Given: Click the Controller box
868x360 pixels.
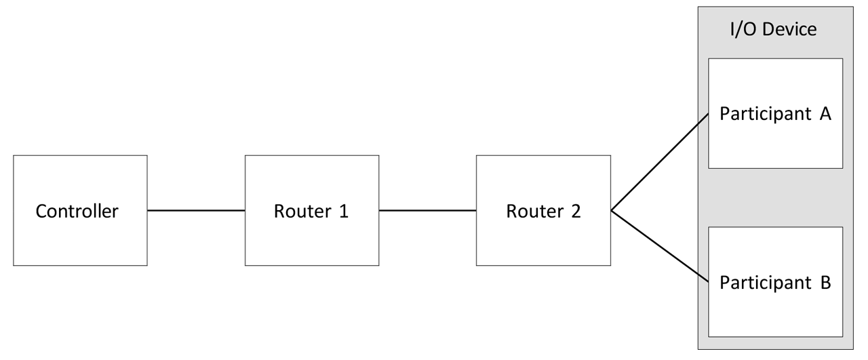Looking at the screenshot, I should click(x=80, y=210).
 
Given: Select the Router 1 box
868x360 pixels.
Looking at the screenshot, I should click(x=311, y=210).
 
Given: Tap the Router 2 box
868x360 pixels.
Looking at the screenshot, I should click(x=543, y=210).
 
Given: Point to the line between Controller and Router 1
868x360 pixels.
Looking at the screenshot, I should click(x=196, y=210).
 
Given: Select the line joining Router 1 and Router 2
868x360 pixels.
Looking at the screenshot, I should click(x=427, y=210).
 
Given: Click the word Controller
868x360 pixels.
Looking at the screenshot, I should click(x=77, y=212).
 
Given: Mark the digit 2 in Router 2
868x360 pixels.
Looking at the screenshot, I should click(x=576, y=212).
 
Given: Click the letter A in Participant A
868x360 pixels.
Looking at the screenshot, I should click(x=825, y=114).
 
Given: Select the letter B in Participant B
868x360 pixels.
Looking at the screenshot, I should click(x=825, y=282).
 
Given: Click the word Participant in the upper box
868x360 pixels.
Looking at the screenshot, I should click(x=765, y=115).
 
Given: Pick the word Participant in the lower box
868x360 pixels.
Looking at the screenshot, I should click(x=765, y=283).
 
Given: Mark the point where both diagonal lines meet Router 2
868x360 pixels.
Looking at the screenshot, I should click(x=612, y=211).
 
